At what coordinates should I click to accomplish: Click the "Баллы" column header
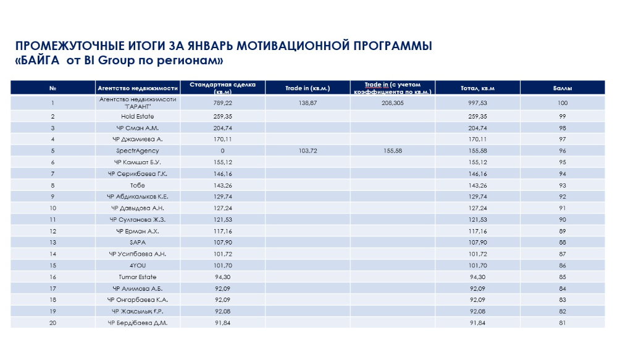[x=562, y=88]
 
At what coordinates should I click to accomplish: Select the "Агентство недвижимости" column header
[x=138, y=88]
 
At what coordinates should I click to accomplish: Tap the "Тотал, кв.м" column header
[x=477, y=88]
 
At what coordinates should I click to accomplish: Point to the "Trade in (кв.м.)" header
[x=308, y=88]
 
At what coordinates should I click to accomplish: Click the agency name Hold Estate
[x=138, y=116]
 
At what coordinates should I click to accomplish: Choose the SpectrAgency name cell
[x=138, y=151]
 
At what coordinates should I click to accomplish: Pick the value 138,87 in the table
[x=308, y=103]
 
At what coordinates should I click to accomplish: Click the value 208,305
[x=393, y=103]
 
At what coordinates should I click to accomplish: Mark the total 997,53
[x=477, y=103]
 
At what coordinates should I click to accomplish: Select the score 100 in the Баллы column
[x=562, y=103]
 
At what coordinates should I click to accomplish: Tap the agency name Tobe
[x=138, y=185]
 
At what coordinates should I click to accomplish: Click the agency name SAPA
[x=138, y=243]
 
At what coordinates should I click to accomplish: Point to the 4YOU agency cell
[x=138, y=266]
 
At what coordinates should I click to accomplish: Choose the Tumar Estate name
[x=138, y=277]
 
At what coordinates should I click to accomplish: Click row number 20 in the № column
[x=52, y=323]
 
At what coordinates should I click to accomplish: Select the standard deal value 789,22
[x=223, y=103]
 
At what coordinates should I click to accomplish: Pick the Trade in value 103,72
[x=308, y=151]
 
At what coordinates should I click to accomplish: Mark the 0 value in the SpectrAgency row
[x=223, y=151]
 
